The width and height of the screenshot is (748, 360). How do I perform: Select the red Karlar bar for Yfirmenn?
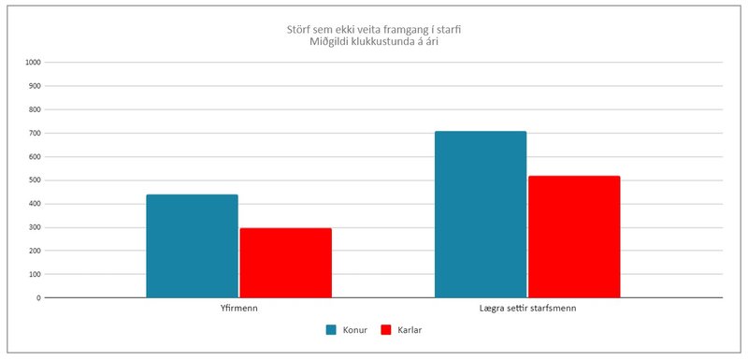point(285,263)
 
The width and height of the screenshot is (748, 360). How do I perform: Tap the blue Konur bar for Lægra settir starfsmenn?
point(481,214)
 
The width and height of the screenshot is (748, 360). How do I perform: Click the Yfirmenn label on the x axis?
point(238,308)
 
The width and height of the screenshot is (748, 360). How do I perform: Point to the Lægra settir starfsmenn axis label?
point(527,308)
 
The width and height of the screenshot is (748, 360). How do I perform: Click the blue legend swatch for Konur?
point(331,330)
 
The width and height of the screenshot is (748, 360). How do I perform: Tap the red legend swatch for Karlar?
point(389,330)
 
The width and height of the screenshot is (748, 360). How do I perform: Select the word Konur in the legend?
point(354,330)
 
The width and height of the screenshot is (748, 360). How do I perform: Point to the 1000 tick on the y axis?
point(33,63)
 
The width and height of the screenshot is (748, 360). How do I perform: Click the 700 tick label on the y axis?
point(35,133)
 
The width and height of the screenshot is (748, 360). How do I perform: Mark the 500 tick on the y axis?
point(35,180)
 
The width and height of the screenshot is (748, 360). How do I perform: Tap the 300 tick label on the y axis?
point(35,227)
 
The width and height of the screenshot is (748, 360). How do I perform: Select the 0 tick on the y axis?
point(38,298)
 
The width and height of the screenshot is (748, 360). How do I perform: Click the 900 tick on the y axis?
point(35,86)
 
